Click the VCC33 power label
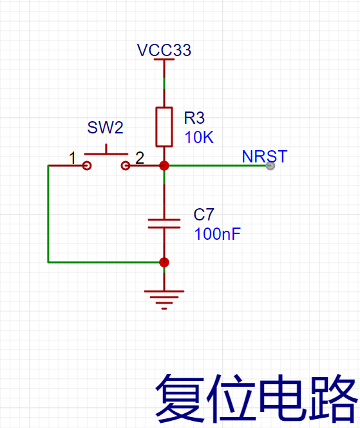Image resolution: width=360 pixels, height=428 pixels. (164, 50)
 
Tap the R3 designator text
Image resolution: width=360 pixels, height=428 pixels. (194, 118)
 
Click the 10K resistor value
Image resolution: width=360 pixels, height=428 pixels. (199, 137)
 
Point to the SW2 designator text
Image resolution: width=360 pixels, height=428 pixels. (105, 128)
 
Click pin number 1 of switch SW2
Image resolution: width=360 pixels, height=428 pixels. (72, 158)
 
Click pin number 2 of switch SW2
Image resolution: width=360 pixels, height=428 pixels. (140, 158)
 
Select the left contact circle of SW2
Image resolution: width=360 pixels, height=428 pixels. (87, 166)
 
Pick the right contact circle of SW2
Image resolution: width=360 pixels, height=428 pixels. (125, 166)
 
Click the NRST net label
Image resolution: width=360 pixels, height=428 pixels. (265, 157)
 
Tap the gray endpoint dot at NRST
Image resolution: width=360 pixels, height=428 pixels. (270, 166)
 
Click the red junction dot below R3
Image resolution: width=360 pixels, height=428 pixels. (164, 166)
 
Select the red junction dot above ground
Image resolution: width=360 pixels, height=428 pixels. (164, 262)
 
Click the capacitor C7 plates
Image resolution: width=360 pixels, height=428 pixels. (164, 223)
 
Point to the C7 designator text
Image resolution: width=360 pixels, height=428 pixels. (204, 215)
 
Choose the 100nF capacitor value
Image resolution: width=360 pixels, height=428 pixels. (218, 234)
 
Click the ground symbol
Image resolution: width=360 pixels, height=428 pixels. (164, 300)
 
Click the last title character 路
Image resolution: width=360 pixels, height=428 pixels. (333, 398)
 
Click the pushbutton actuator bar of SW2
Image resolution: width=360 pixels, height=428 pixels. (106, 154)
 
